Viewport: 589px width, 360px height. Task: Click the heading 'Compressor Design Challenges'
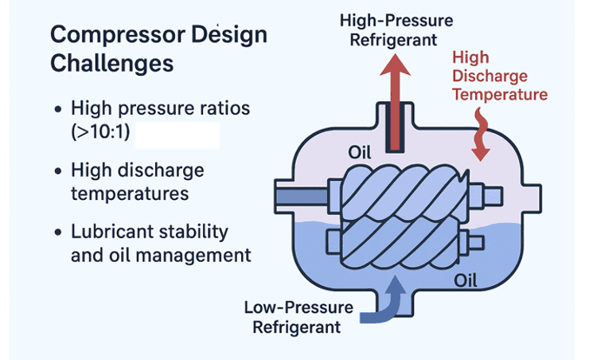click(x=158, y=49)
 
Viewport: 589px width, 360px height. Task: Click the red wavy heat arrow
click(x=479, y=135)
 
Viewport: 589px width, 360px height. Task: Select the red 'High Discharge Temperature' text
click(x=499, y=76)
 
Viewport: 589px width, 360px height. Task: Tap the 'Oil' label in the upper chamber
click(x=361, y=151)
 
